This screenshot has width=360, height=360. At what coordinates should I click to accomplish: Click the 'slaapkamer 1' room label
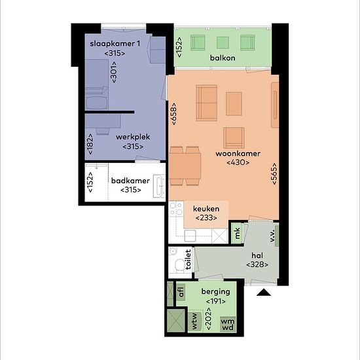[115, 44]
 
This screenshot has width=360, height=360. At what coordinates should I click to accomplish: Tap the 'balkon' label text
[223, 58]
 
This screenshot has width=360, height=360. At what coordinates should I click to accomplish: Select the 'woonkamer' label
[238, 154]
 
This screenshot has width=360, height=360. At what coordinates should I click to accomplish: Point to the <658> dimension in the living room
[174, 114]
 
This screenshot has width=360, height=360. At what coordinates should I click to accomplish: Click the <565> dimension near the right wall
[274, 173]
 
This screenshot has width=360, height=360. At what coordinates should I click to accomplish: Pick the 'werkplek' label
[133, 137]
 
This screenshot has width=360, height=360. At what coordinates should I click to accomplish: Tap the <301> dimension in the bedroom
[114, 72]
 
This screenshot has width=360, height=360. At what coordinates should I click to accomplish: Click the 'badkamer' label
[130, 181]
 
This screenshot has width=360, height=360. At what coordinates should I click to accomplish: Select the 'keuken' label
[206, 209]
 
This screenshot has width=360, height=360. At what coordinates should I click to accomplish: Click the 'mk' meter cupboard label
[237, 233]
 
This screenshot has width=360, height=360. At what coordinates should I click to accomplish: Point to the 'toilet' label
[188, 259]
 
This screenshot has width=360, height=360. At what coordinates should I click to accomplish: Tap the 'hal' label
[257, 255]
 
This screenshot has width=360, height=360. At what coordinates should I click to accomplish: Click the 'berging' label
[215, 292]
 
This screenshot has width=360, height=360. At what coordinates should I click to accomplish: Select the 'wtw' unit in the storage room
[194, 321]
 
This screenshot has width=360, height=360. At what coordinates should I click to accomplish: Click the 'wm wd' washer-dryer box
[228, 324]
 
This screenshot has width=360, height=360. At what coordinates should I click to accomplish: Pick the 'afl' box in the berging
[181, 292]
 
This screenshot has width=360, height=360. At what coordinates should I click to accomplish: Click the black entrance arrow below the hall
[264, 292]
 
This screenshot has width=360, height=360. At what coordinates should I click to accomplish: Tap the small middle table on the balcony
[223, 43]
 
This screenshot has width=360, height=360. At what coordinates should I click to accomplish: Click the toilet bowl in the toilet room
[180, 264]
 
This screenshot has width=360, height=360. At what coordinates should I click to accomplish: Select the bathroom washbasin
[159, 186]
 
